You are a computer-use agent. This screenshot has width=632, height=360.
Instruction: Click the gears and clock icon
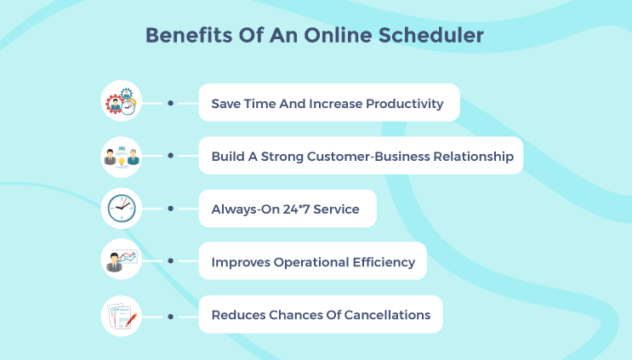tap(120, 102)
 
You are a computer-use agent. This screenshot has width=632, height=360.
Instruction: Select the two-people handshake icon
tap(120, 156)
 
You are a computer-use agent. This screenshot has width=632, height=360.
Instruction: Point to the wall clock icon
tap(120, 209)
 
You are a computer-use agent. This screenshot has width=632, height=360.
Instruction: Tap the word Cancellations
tap(388, 315)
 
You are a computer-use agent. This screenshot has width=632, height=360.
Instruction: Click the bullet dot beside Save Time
tap(171, 103)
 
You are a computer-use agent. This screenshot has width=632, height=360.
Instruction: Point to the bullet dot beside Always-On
tap(171, 209)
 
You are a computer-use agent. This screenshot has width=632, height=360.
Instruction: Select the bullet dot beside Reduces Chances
tap(171, 316)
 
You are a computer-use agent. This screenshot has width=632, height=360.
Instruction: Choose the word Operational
tap(310, 262)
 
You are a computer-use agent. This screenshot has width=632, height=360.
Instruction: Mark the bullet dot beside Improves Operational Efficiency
tap(171, 262)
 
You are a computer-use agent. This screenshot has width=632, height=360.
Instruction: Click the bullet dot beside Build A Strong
tap(171, 156)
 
